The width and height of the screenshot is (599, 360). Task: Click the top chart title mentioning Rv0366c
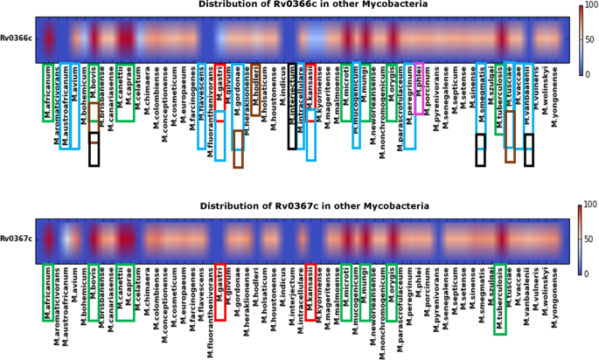(x=299, y=5)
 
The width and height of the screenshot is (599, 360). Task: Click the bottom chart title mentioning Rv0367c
(x=299, y=206)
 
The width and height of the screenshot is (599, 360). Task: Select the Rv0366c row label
(x=17, y=38)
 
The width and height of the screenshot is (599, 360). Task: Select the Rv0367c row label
(x=17, y=238)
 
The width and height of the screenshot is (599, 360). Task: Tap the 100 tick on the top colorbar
(x=584, y=6)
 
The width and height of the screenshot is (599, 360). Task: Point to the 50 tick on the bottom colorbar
(x=583, y=238)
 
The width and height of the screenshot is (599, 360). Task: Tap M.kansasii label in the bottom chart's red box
(x=309, y=284)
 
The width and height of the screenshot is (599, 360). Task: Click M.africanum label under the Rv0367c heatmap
(x=47, y=294)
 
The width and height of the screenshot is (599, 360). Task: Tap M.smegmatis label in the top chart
(x=480, y=101)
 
